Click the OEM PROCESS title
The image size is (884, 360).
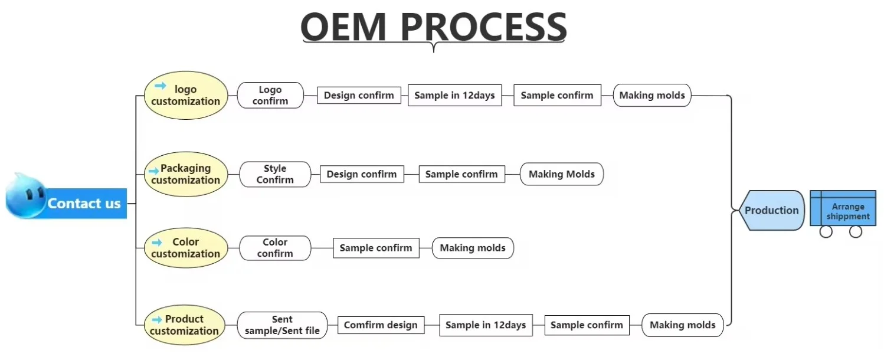point(434,27)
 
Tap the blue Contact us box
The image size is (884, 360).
point(84,204)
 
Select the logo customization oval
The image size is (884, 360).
point(186,96)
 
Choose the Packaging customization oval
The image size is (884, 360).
point(186,174)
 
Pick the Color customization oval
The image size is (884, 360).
point(186,248)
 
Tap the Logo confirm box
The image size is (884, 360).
point(270,95)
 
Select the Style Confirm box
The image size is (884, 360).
point(275,174)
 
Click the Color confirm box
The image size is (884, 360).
point(275,248)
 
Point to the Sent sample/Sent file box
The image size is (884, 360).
point(282,325)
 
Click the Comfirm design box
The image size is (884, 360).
point(381,325)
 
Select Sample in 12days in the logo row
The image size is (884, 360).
point(454,96)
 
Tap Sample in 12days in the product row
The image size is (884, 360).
point(486,325)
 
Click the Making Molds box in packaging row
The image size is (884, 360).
point(562,174)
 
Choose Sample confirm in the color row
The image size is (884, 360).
point(376,248)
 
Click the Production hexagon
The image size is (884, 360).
point(771,210)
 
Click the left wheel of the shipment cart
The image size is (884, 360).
point(826,232)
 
